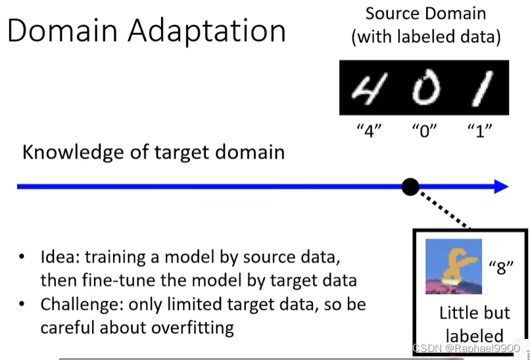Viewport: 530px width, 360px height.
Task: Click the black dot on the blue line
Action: (x=410, y=187)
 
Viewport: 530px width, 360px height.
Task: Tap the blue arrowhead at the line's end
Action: (x=500, y=187)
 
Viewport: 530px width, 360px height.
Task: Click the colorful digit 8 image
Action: (x=453, y=266)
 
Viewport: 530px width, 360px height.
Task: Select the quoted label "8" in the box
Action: (x=500, y=267)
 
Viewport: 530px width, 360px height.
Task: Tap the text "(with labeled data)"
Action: (x=425, y=37)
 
